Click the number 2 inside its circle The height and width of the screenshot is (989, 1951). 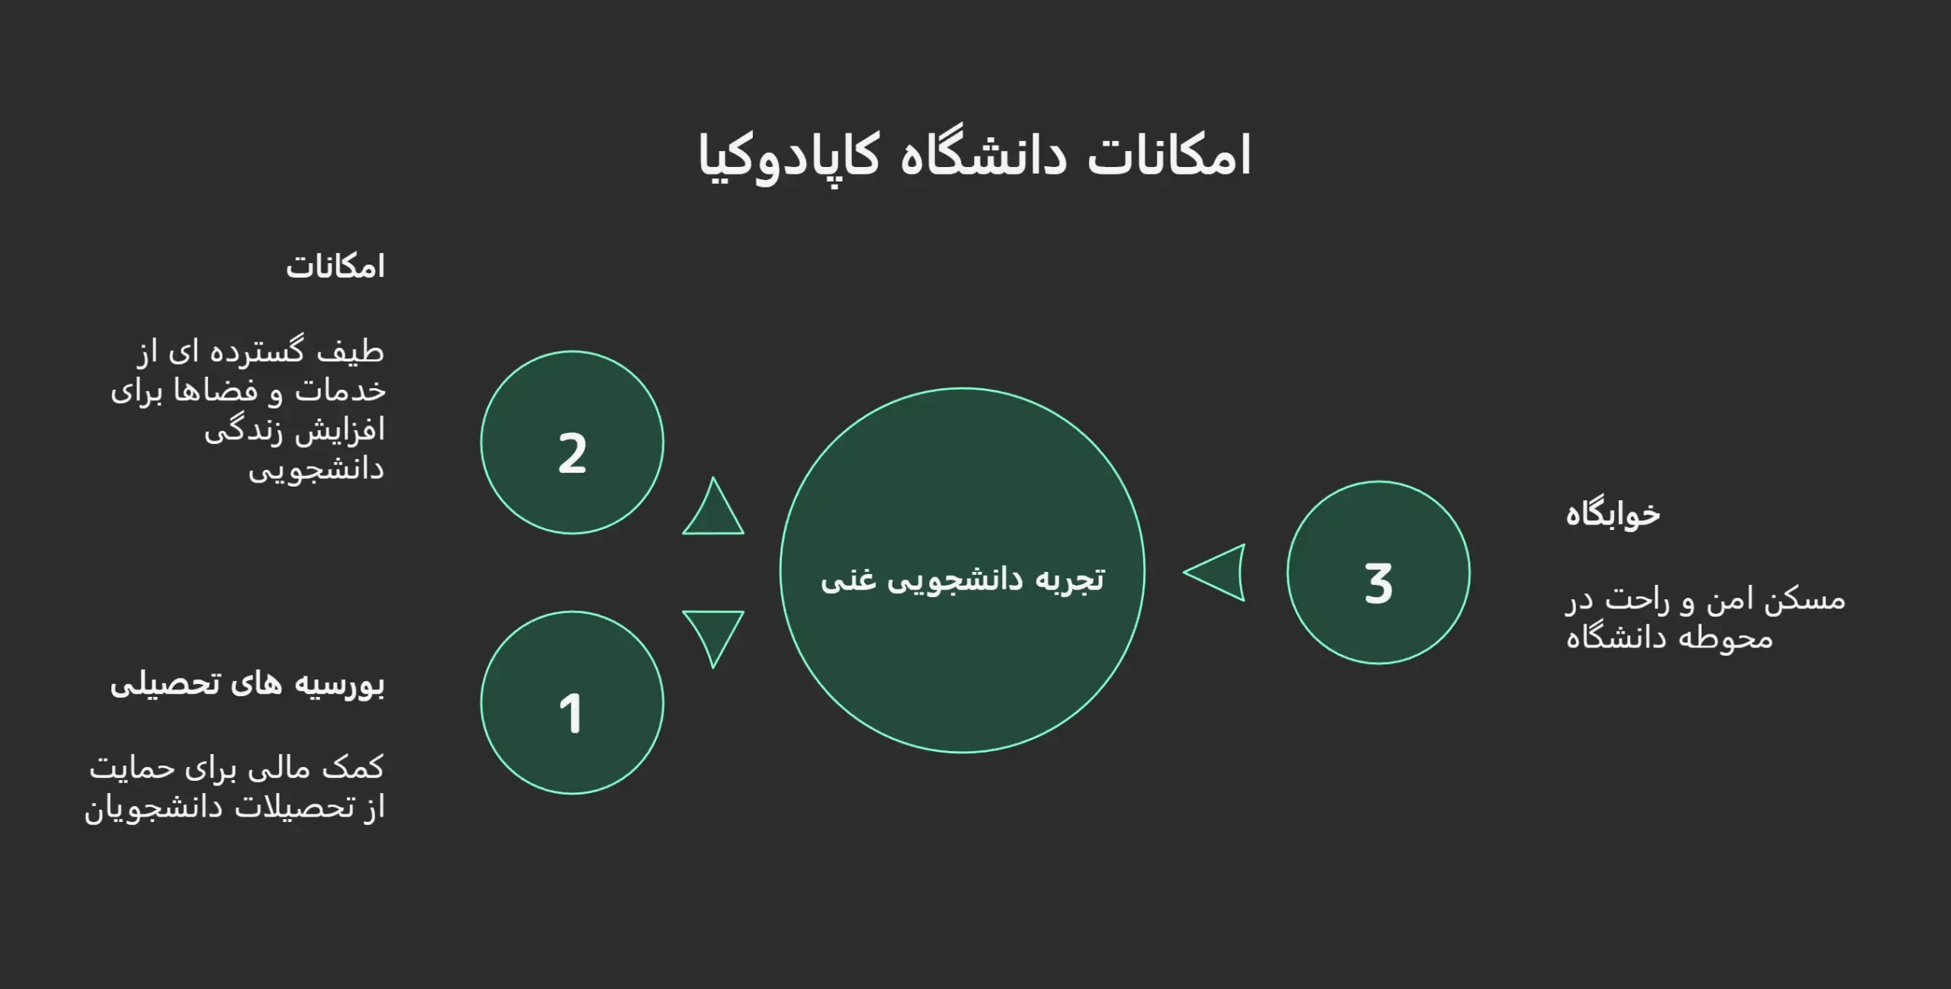[572, 454]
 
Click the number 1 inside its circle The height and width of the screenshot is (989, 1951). [571, 714]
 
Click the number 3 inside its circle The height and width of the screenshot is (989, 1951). [1378, 584]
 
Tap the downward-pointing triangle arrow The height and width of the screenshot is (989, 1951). [713, 633]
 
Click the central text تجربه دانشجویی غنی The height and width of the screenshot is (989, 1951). [962, 580]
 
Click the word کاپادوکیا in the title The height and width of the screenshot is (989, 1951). [789, 156]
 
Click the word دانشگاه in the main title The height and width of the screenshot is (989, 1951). [983, 156]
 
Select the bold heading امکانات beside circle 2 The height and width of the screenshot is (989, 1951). [335, 268]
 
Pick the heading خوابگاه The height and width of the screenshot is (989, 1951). [1613, 515]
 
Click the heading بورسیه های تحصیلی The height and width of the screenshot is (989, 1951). [248, 684]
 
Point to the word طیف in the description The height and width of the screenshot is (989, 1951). [351, 352]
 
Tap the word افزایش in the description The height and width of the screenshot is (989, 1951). [340, 431]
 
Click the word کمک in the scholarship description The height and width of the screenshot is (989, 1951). [353, 768]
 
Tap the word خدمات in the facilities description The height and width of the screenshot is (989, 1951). [340, 391]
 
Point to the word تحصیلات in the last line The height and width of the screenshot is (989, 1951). [294, 808]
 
